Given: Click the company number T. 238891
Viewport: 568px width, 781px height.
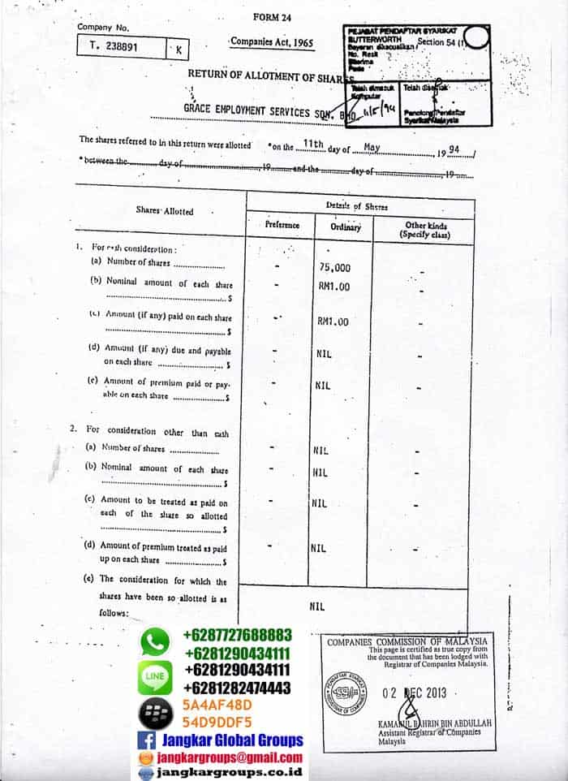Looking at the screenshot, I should point(114,47).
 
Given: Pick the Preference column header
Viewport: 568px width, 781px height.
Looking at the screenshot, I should point(282,225).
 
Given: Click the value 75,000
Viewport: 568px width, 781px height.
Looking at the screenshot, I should point(335,267).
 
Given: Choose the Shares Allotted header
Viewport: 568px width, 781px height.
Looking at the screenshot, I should point(165,211).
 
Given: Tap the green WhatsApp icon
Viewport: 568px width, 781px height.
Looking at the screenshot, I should point(155,642).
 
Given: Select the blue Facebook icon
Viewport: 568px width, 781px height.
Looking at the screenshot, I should point(147,740).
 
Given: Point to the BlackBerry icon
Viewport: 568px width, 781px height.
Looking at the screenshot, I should point(155,713).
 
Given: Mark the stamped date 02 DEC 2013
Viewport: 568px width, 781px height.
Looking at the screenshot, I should point(414,694).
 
